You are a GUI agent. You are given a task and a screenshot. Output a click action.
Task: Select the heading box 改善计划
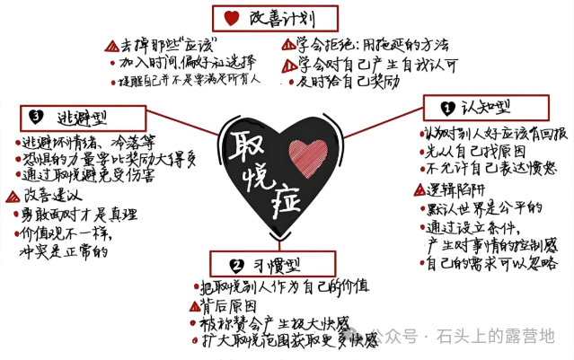pos(275,17)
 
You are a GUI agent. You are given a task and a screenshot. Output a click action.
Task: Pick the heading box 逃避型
pos(82,116)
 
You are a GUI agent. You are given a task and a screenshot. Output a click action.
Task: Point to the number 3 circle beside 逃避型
pos(35,117)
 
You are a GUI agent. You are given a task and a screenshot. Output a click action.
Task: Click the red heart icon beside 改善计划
pos(231,18)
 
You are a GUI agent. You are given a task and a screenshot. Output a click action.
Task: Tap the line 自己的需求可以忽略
pos(490,262)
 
